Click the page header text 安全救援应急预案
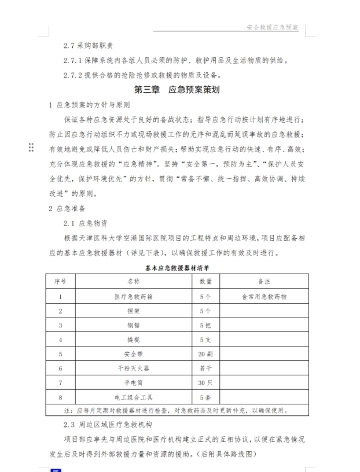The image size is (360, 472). click(272, 27)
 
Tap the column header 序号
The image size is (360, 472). click(60, 282)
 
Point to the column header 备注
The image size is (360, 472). click(263, 282)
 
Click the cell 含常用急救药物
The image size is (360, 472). click(263, 296)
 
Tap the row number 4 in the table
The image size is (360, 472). click(60, 340)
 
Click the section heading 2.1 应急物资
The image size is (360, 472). click(85, 223)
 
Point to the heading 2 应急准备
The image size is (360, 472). click(69, 208)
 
